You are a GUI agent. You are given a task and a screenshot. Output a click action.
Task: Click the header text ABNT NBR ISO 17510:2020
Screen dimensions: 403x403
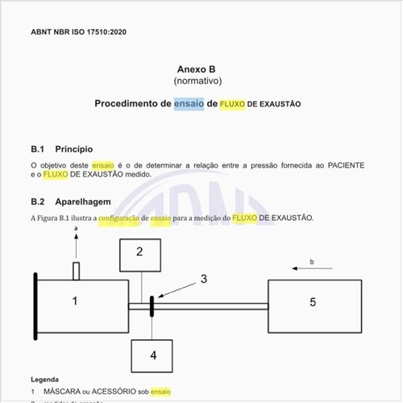(x=78, y=32)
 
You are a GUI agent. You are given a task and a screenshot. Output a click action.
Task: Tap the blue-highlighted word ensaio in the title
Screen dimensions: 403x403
(x=189, y=104)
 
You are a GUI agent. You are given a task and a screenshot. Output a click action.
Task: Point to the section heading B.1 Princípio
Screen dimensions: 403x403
(x=62, y=149)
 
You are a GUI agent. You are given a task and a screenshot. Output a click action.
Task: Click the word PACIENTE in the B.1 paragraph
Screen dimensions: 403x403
(x=346, y=165)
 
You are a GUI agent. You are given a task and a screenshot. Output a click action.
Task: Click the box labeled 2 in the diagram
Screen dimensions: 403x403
(x=139, y=253)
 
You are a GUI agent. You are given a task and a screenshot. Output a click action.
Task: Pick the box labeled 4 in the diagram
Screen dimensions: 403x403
(x=153, y=354)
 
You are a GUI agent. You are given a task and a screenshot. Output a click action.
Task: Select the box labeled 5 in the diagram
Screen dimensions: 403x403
(x=314, y=301)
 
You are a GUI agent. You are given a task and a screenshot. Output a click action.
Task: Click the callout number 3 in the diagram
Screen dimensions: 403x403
(x=204, y=279)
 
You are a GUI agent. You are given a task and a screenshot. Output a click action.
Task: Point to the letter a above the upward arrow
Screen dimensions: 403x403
(x=76, y=231)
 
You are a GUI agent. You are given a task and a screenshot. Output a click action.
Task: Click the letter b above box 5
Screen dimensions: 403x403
(x=311, y=262)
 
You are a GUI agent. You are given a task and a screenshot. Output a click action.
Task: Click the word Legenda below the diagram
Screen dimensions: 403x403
(x=45, y=379)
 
